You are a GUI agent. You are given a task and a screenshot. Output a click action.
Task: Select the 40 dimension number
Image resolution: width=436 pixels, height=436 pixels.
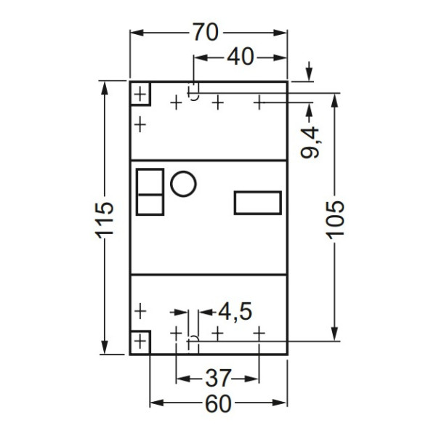(241, 57)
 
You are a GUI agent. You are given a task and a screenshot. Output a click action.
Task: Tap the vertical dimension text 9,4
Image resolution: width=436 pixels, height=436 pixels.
(310, 142)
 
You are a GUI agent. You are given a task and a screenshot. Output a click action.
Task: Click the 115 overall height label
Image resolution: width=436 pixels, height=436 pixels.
(105, 217)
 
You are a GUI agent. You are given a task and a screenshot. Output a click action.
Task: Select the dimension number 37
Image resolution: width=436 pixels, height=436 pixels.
(217, 379)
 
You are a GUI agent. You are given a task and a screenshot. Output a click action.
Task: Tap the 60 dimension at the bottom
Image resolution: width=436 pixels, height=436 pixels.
(218, 404)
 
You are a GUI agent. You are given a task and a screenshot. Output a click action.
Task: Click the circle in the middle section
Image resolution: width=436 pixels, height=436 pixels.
(183, 183)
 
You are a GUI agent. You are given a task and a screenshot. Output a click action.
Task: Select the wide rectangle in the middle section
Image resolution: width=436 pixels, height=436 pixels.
(257, 203)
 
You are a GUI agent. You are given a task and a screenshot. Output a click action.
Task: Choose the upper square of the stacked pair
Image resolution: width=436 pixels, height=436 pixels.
(150, 180)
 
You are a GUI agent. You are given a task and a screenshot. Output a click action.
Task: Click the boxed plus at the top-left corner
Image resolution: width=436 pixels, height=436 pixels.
(140, 94)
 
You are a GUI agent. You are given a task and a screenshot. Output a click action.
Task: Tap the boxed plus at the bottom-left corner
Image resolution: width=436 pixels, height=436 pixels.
(140, 341)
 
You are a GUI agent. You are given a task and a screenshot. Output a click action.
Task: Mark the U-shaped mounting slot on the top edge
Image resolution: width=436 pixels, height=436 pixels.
(194, 92)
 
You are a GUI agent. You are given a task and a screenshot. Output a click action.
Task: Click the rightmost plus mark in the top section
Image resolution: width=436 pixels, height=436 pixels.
(259, 102)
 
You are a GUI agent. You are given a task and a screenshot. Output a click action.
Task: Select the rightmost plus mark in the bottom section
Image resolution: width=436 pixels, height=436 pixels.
(259, 332)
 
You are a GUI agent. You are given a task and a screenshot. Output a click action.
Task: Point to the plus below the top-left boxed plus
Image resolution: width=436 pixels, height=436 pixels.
(140, 124)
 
